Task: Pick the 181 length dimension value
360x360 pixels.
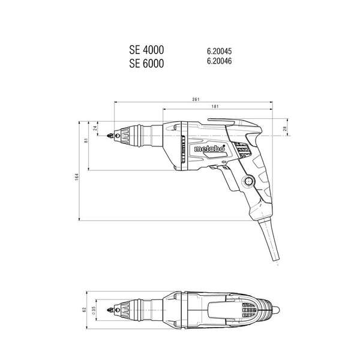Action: pyautogui.click(x=214, y=107)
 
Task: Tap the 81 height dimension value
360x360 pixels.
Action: pyautogui.click(x=86, y=141)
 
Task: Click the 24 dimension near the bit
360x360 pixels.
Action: pyautogui.click(x=95, y=128)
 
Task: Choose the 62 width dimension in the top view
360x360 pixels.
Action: pyautogui.click(x=85, y=310)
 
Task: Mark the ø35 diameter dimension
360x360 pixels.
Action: pyautogui.click(x=95, y=310)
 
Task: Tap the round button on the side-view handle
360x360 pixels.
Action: pyautogui.click(x=249, y=181)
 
